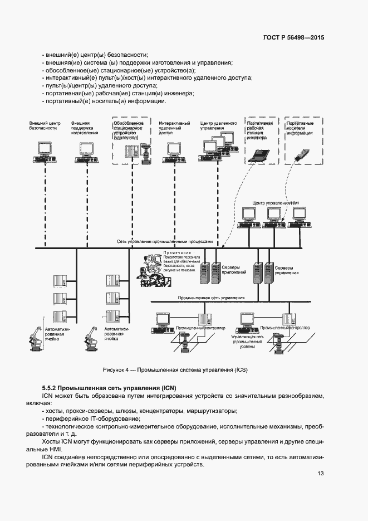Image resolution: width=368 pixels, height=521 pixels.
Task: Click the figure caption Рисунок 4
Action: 175,370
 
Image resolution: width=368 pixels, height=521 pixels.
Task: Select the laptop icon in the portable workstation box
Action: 260,155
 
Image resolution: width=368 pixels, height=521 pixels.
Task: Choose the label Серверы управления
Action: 287,270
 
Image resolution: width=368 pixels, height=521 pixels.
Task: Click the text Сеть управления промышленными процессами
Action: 165,242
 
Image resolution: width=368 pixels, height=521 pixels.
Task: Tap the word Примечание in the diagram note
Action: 177,254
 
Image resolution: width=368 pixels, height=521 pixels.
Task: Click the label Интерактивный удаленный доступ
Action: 174,128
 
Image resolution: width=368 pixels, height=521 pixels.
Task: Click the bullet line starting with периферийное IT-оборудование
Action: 89,418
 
